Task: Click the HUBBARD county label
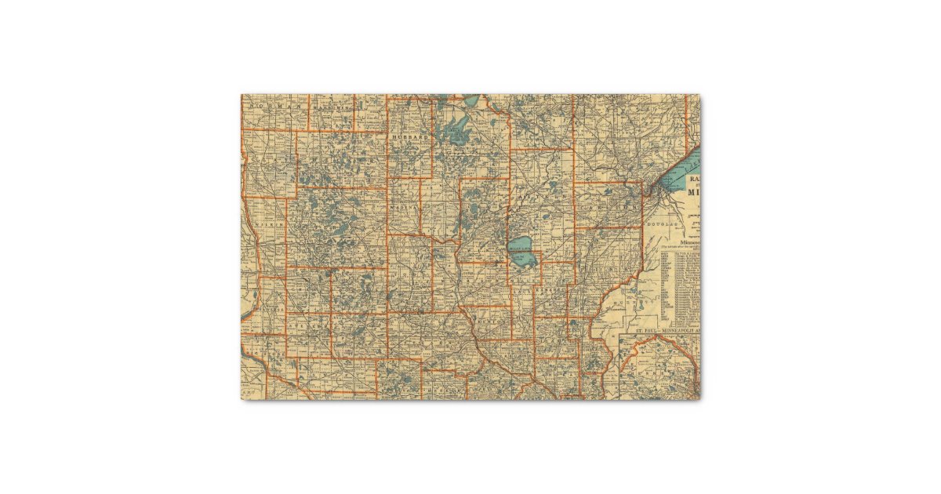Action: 412,137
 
